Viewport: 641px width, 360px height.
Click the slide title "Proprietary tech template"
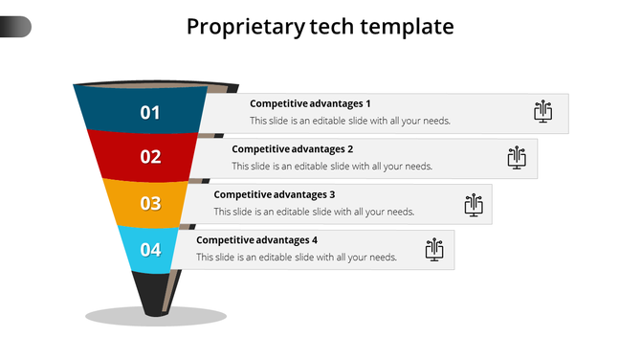320,27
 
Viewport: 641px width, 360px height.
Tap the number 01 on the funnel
150,113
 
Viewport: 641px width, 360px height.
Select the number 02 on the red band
151,157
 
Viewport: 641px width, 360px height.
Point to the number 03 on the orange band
151,203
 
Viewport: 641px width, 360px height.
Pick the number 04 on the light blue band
151,250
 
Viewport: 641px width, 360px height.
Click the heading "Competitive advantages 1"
310,103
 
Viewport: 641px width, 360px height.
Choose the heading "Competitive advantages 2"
293,149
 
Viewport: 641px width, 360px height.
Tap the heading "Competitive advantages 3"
275,194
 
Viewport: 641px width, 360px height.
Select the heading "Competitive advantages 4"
256,240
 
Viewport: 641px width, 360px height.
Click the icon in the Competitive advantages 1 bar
543,112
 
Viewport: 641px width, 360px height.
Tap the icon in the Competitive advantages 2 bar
517,157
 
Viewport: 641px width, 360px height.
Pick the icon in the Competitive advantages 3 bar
473,204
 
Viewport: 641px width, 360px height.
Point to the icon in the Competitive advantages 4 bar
435,250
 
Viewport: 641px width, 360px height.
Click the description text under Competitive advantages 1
350,122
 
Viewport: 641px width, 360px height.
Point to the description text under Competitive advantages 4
297,258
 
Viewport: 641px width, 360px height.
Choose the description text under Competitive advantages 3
314,213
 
